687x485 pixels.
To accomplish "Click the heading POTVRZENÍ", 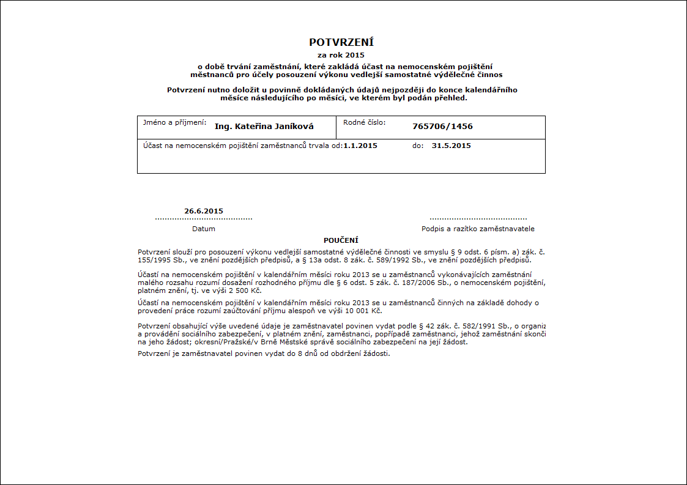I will click(x=341, y=42).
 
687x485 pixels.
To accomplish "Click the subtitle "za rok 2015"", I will click(x=341, y=55).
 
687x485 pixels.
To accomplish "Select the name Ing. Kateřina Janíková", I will click(x=264, y=127).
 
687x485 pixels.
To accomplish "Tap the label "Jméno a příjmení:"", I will click(x=174, y=122).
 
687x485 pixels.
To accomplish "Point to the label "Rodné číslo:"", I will click(x=364, y=122).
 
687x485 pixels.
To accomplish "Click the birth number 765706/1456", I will click(x=442, y=127).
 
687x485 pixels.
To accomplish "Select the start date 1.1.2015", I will click(x=360, y=146).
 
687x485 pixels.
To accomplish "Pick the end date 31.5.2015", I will click(x=451, y=146).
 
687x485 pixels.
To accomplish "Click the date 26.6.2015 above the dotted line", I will click(x=204, y=211).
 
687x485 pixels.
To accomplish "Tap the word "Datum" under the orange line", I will click(x=204, y=229).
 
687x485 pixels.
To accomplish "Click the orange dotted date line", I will click(x=204, y=218).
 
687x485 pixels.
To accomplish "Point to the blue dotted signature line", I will click(x=478, y=218).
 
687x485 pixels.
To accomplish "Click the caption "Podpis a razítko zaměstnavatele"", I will click(x=478, y=229).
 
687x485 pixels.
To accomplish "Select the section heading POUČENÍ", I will click(x=341, y=240).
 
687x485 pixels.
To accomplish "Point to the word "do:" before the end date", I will click(x=418, y=146).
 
